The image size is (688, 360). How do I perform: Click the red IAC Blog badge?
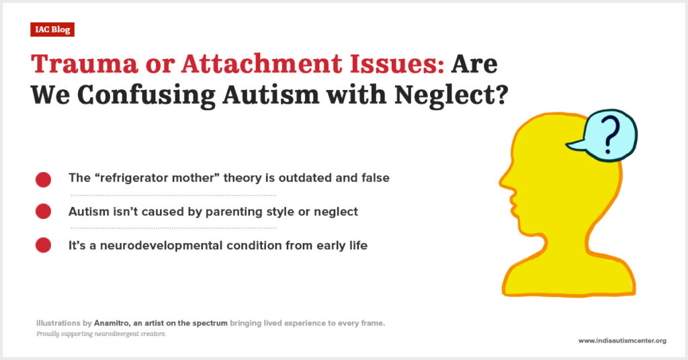click(52, 30)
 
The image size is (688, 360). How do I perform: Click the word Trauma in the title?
click(84, 64)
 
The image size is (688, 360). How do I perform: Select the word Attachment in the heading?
click(261, 64)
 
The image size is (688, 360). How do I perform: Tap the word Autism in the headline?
click(271, 94)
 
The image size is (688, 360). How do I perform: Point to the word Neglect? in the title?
click(451, 94)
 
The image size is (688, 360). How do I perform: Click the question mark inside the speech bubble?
click(609, 136)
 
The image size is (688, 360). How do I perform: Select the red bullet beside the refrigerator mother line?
click(43, 179)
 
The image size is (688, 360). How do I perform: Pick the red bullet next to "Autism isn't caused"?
click(43, 212)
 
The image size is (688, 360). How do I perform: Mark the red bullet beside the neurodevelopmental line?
click(43, 245)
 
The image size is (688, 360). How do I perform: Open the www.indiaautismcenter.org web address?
click(622, 341)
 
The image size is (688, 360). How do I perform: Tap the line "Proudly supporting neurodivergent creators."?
click(101, 334)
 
